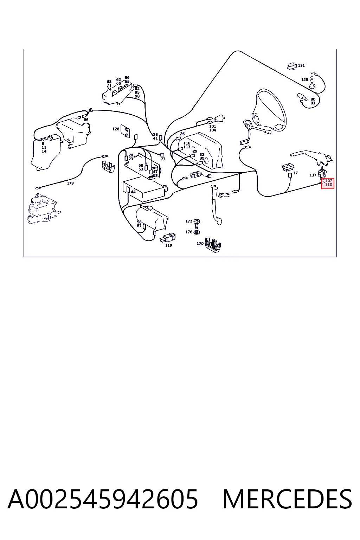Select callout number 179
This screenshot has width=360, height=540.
point(70,183)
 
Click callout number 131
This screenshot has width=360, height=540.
point(301,65)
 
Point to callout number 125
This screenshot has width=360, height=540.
point(304,79)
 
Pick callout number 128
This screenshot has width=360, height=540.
point(116,129)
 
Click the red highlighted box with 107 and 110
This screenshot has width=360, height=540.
point(328,183)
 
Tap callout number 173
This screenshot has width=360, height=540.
point(189,221)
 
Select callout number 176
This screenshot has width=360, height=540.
point(189,232)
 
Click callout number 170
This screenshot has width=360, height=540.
point(200,244)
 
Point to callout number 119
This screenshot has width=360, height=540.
point(168,245)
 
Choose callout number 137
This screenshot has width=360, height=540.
point(313,175)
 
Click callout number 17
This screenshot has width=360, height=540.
point(295,173)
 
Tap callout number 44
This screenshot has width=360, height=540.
point(133,192)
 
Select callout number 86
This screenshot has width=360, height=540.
point(86,120)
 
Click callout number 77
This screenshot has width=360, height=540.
point(163,159)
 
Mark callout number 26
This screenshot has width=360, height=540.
point(182,134)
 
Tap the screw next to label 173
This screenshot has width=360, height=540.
point(197,224)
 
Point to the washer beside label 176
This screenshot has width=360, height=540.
point(197,232)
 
